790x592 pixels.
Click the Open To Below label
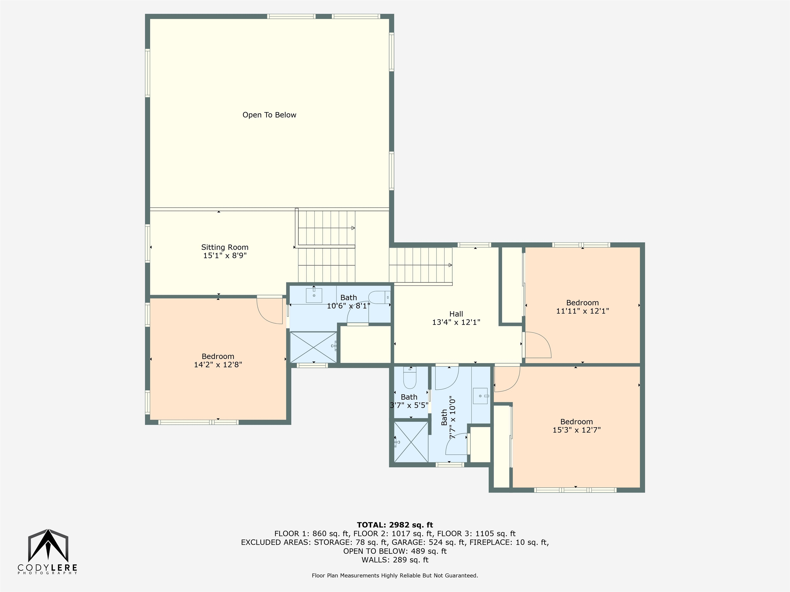[x=269, y=115]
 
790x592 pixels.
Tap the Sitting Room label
[x=225, y=247]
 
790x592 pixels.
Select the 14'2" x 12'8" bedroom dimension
[x=218, y=365]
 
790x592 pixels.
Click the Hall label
[x=456, y=314]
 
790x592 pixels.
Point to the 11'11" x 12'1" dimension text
[x=582, y=311]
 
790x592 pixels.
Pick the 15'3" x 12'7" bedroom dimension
[x=577, y=430]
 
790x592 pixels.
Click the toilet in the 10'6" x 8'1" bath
[x=379, y=297]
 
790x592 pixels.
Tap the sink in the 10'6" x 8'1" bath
[x=314, y=295]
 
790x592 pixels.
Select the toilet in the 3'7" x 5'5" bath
[x=410, y=379]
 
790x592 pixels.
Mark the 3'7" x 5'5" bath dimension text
[x=409, y=405]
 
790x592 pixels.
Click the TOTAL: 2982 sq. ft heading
[x=395, y=525]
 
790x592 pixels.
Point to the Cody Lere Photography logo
[x=48, y=551]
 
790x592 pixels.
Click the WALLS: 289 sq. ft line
[x=395, y=560]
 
